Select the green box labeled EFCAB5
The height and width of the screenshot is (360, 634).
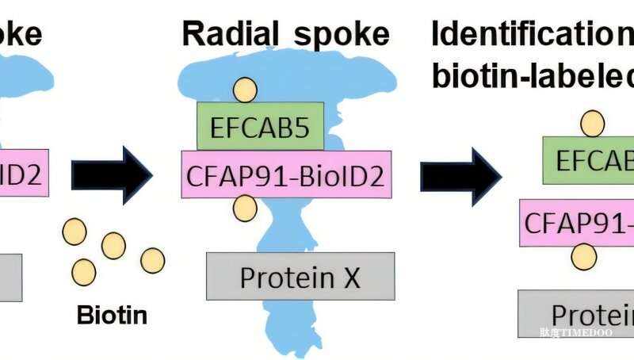pyautogui.click(x=260, y=126)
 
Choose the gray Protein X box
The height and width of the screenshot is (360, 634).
pyautogui.click(x=300, y=276)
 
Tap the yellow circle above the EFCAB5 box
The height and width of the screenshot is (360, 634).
pyautogui.click(x=246, y=88)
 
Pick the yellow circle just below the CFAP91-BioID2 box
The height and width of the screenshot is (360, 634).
pyautogui.click(x=246, y=209)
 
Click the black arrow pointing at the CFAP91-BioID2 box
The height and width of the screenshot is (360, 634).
pyautogui.click(x=112, y=174)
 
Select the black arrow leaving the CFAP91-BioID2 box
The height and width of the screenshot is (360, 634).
pyautogui.click(x=460, y=175)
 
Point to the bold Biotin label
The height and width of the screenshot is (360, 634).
pyautogui.click(x=112, y=315)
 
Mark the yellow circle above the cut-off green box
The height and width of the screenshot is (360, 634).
pyautogui.click(x=592, y=124)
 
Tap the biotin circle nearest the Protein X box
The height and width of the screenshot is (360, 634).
pyautogui.click(x=152, y=260)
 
